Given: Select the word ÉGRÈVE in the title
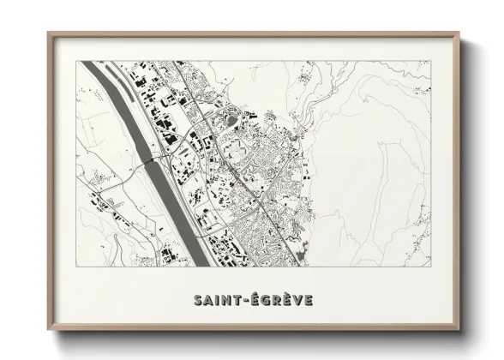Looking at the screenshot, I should point(280,300).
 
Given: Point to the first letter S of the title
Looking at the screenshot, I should point(196,300).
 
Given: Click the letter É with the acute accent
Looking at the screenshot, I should point(254,299).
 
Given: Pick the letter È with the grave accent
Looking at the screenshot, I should point(284,299).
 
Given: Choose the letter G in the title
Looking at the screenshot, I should point(263,300).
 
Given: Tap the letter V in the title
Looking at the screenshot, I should point(296,300).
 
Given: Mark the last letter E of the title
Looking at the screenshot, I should point(307,300).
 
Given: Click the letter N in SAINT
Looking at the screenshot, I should point(225,300).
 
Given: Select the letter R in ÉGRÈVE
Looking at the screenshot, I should point(274,300).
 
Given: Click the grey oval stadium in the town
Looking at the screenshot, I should point(229,121).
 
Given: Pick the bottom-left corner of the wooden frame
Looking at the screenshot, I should point(49,331).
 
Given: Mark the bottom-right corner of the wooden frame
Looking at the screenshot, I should point(459,331).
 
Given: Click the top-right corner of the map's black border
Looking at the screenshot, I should point(429,61).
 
